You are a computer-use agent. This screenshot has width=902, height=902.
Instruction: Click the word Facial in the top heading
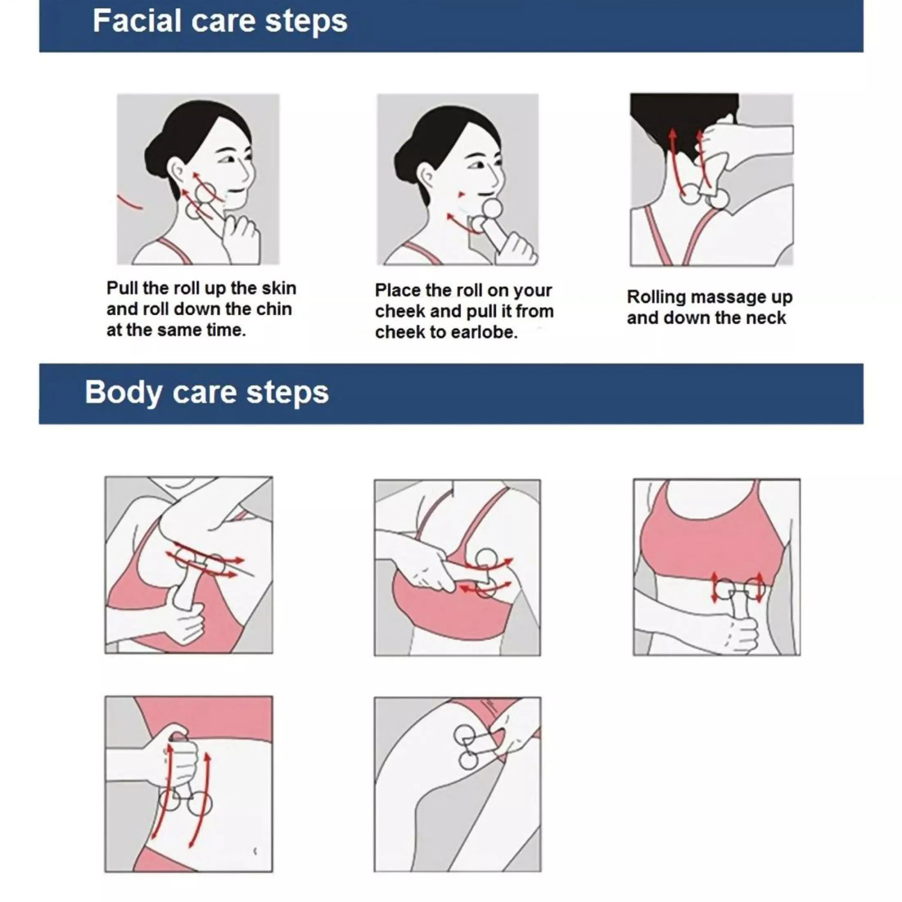click(x=137, y=20)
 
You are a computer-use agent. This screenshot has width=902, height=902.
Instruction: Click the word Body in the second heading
click(x=123, y=393)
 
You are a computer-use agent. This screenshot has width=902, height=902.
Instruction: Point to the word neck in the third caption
click(x=765, y=318)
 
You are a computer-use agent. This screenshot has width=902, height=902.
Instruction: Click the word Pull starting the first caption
click(x=121, y=288)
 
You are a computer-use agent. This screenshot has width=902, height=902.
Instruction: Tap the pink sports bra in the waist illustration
click(x=713, y=541)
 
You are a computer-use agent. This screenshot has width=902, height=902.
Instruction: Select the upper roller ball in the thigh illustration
click(x=464, y=735)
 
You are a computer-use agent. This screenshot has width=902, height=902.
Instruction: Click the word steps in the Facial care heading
click(x=306, y=23)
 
